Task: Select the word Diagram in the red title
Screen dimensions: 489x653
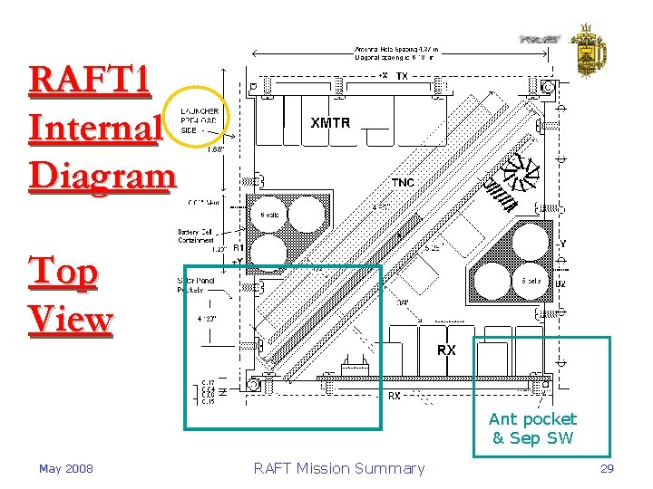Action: point(101,175)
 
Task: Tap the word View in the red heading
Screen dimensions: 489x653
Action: point(71,319)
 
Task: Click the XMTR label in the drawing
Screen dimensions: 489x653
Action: point(330,122)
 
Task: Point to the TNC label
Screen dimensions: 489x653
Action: point(403,183)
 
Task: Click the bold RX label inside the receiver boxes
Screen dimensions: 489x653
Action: point(446,350)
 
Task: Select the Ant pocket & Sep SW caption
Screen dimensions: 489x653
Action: point(532,428)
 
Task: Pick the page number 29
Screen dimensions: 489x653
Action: point(607,468)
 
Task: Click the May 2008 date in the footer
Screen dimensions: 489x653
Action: point(65,468)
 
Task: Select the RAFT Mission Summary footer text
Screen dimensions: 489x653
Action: point(338,468)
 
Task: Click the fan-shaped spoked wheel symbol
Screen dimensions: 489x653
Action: point(518,174)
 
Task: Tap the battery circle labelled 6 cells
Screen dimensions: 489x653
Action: point(270,215)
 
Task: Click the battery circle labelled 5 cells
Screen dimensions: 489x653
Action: point(531,281)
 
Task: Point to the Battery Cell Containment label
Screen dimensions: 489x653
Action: point(196,235)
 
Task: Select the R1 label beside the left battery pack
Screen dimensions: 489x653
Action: point(239,246)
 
